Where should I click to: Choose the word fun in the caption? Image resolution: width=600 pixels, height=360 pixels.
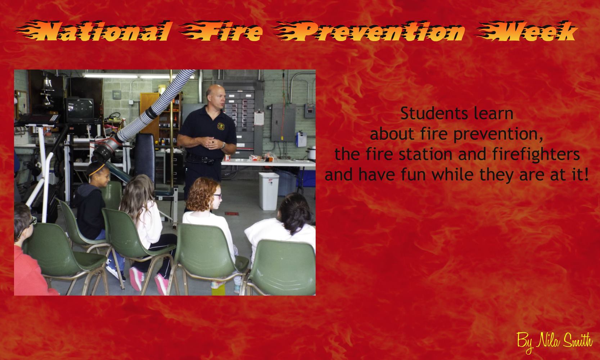pos(414,175)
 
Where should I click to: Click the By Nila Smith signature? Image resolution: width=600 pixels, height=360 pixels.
pos(555,342)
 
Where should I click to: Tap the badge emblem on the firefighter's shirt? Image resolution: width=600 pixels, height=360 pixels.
pos(221,126)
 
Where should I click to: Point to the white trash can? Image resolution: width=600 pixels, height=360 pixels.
pos(269,191)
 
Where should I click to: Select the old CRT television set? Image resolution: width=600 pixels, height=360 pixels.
pos(80,110)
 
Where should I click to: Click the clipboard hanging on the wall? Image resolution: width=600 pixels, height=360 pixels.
pos(259,118)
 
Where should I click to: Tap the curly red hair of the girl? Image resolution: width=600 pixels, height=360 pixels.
pos(201,194)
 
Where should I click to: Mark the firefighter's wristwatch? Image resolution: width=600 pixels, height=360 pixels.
pos(223,145)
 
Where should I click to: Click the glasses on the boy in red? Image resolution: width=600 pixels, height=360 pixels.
pos(33,221)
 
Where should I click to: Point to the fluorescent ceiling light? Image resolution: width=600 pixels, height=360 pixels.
pos(138,76)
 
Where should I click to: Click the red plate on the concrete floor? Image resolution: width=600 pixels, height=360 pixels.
pos(232,213)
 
